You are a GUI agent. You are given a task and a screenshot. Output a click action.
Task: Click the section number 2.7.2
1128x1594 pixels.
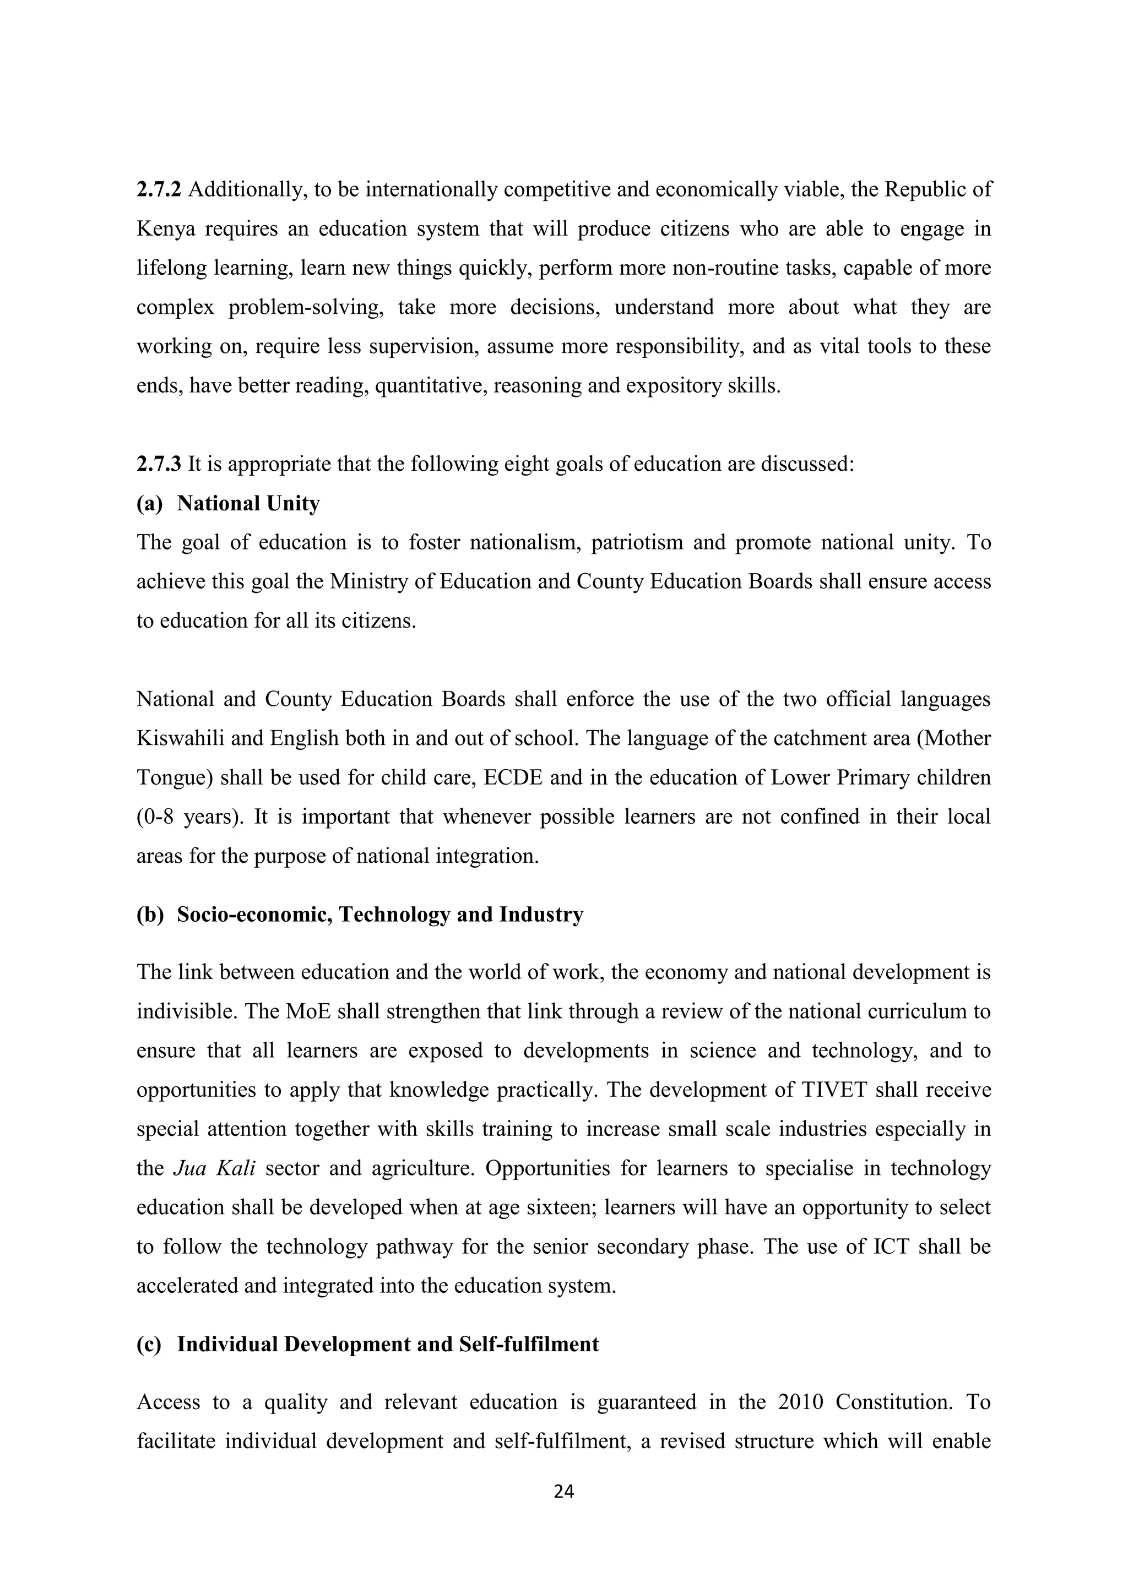tap(159, 189)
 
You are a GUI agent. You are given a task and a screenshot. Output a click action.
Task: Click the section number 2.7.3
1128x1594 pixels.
tap(159, 464)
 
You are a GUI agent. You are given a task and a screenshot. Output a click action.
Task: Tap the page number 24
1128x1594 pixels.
tap(564, 1491)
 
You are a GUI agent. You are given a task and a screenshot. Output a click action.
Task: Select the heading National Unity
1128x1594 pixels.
tap(248, 503)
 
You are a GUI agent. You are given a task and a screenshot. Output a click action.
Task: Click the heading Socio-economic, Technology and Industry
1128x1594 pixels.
tap(380, 915)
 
